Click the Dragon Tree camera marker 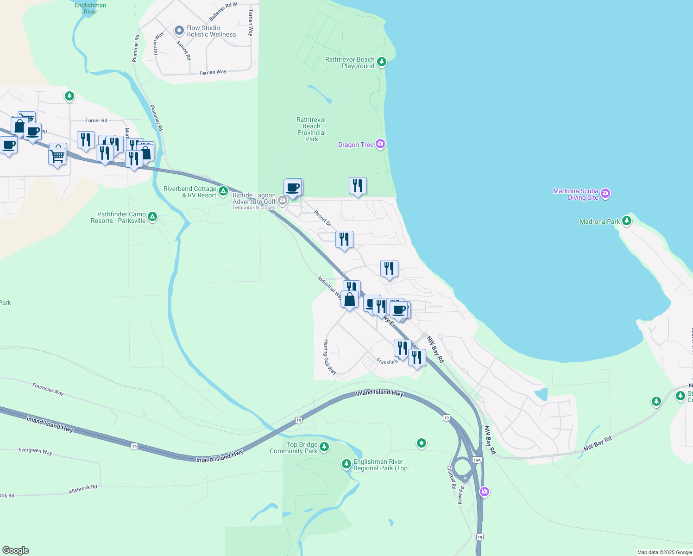pyautogui.click(x=380, y=145)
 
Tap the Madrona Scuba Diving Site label pyautogui.click(x=576, y=194)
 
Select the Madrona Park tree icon pyautogui.click(x=627, y=221)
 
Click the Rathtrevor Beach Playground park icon pyautogui.click(x=382, y=62)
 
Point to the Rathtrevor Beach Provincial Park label pyautogui.click(x=311, y=129)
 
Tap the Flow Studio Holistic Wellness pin pyautogui.click(x=179, y=31)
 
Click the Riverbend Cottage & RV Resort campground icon pyautogui.click(x=223, y=191)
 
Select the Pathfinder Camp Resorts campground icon pyautogui.click(x=152, y=216)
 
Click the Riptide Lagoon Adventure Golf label pyautogui.click(x=254, y=199)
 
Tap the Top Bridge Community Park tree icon pyautogui.click(x=324, y=447)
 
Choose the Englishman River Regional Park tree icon pyautogui.click(x=346, y=464)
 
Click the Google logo pyautogui.click(x=16, y=550)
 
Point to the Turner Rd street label pyautogui.click(x=96, y=120)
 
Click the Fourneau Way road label pyautogui.click(x=48, y=388)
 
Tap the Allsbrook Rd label pyautogui.click(x=83, y=489)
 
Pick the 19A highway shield pyautogui.click(x=477, y=460)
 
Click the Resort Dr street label pyautogui.click(x=322, y=218)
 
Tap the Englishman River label pyautogui.click(x=90, y=8)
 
